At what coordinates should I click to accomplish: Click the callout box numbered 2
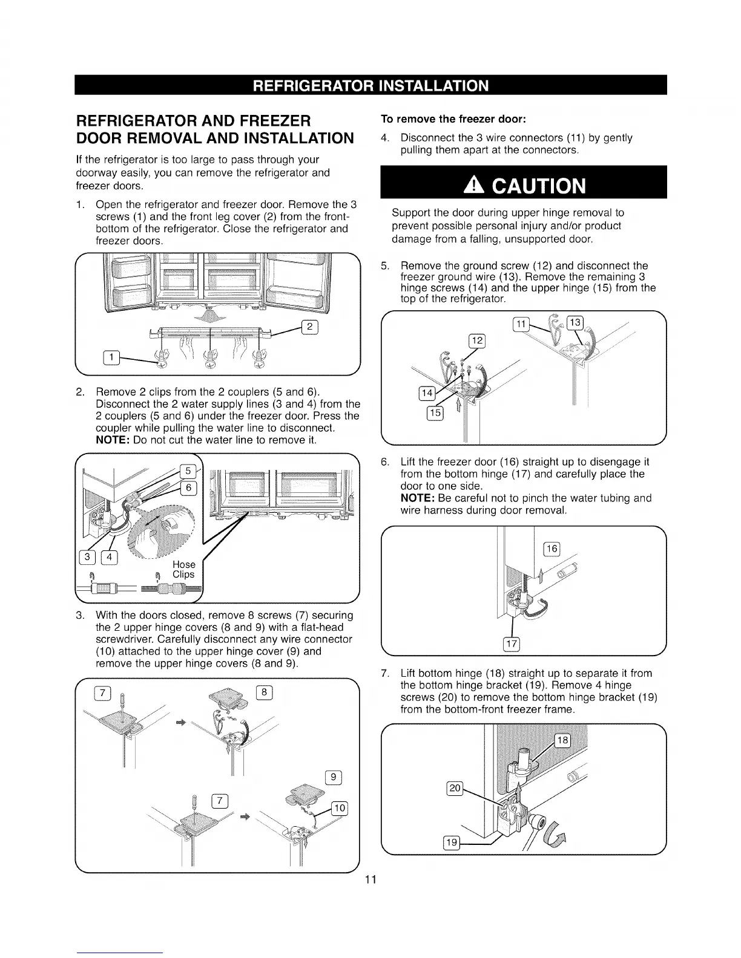(x=309, y=328)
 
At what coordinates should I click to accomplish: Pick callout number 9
(x=334, y=777)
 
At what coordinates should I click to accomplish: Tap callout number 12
(x=477, y=341)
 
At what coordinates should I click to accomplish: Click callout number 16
(x=552, y=548)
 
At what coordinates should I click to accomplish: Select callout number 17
(x=512, y=643)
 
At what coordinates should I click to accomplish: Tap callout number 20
(x=454, y=787)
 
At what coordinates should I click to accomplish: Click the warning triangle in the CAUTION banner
(x=470, y=184)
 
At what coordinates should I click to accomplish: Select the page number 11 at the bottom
(x=371, y=879)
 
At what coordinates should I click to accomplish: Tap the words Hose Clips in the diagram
(x=183, y=569)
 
